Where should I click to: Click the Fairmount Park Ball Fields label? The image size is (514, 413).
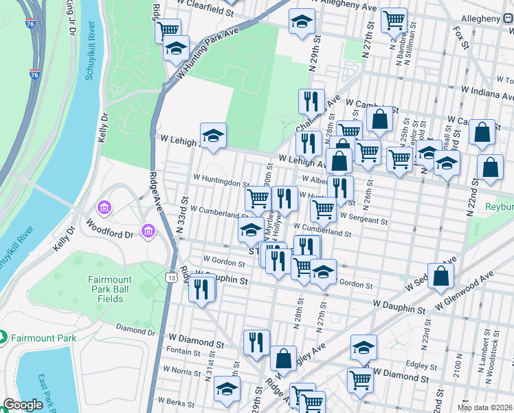point(115,289)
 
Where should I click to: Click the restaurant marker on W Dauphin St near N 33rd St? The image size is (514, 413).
point(201,289)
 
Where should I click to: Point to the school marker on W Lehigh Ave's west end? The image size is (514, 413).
point(213,136)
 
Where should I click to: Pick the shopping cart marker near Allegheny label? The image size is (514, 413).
point(394,21)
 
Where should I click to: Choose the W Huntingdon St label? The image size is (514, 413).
point(221,184)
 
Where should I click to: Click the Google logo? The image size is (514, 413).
point(23,405)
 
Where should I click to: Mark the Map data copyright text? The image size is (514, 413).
point(484,407)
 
